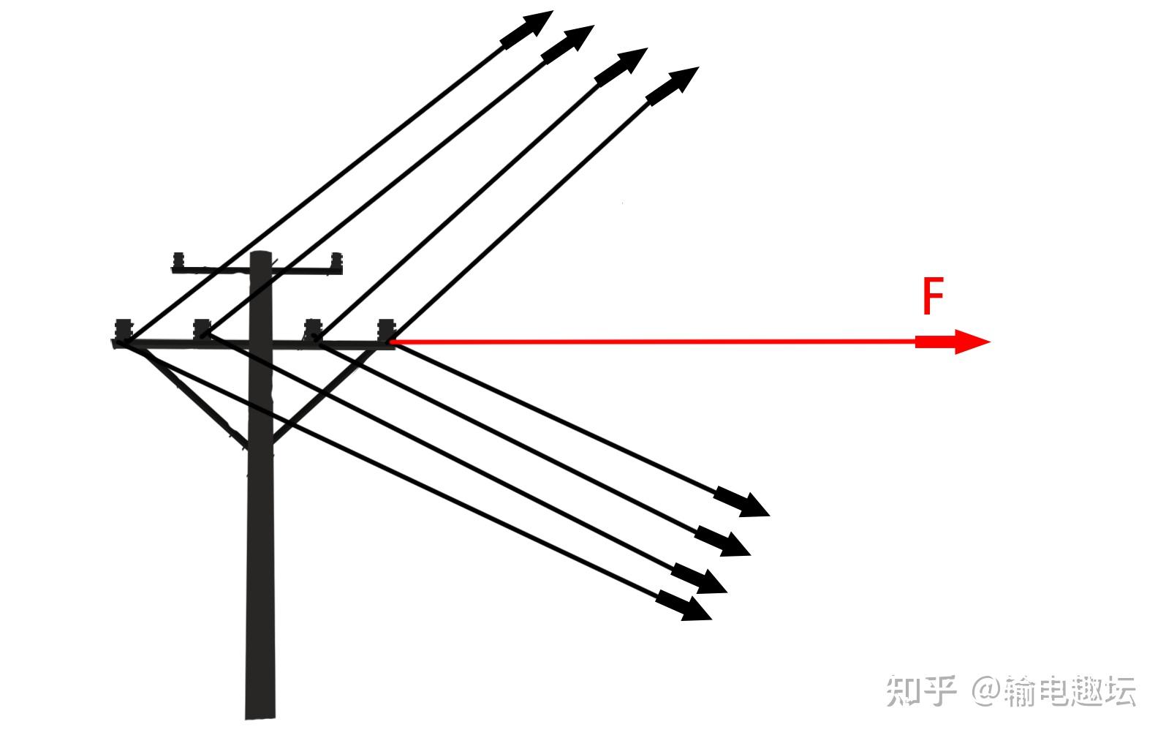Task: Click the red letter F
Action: click(933, 296)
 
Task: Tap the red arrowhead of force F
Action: click(969, 342)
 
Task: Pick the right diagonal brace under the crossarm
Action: click(325, 395)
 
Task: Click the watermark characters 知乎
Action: click(920, 690)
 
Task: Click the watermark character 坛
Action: click(1119, 691)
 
